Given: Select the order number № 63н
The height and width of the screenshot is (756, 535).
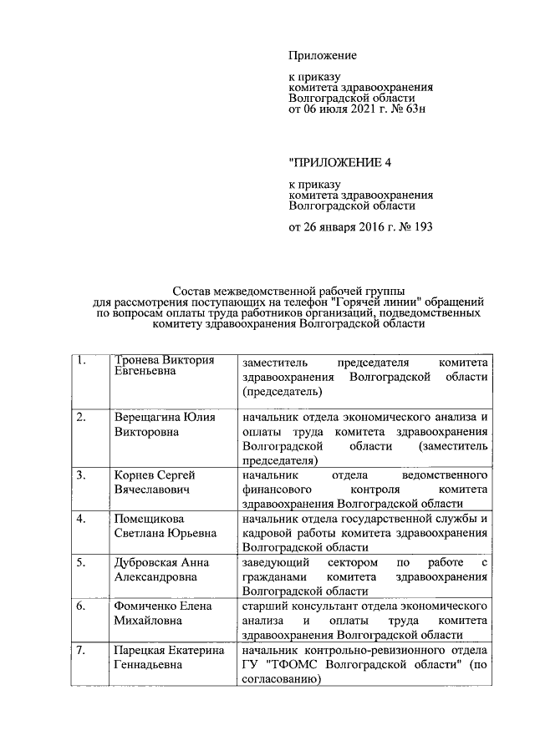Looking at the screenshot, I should [x=407, y=108].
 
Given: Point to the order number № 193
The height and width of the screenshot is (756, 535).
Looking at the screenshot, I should [x=414, y=226].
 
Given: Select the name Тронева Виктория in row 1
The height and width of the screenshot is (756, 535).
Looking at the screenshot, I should [x=164, y=360].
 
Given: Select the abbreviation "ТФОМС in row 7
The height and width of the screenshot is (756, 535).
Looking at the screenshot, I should [x=297, y=665].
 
